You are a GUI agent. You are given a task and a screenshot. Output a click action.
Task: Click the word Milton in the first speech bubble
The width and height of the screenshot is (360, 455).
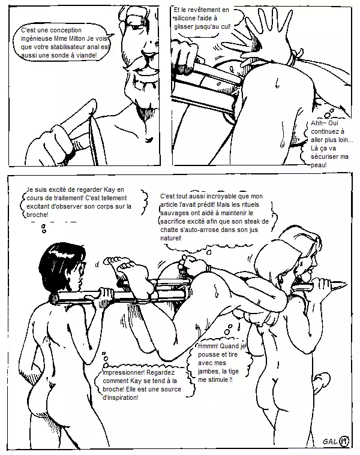[x=77, y=38]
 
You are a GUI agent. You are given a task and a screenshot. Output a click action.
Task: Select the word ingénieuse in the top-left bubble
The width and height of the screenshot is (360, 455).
[x=34, y=39]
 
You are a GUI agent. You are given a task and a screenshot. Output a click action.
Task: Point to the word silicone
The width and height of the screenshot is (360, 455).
[x=185, y=18]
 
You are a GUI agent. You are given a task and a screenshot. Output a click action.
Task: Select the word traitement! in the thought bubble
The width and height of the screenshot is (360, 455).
[x=70, y=198]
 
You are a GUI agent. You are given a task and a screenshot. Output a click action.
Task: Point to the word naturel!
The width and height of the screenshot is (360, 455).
[x=171, y=238]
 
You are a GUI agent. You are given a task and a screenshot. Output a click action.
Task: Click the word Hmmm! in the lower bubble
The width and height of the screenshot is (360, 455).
[x=208, y=346]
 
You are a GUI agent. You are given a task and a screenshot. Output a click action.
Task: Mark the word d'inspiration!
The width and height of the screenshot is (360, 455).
[x=121, y=398]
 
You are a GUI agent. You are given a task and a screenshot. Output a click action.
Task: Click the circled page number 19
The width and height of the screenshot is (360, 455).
[x=344, y=441]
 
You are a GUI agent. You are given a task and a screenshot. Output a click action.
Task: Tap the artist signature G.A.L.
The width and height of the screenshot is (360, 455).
[x=331, y=442]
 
